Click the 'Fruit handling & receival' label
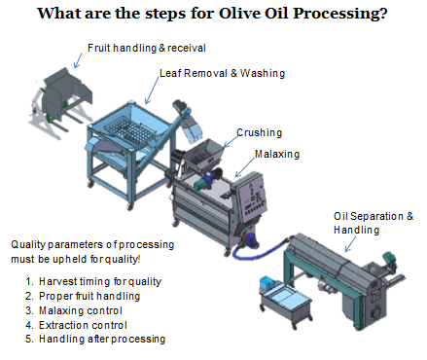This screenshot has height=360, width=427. (147, 48)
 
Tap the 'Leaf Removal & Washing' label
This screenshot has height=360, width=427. (222, 73)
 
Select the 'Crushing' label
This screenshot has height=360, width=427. (260, 132)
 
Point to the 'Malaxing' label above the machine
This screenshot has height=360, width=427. (277, 154)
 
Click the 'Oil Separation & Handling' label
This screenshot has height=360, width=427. (374, 223)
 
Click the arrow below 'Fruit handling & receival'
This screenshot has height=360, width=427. (78, 61)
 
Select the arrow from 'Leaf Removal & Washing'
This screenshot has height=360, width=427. (152, 90)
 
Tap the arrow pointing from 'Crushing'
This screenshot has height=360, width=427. (231, 141)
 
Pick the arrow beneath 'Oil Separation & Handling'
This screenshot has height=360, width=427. (350, 244)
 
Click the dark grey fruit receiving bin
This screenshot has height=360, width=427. (66, 92)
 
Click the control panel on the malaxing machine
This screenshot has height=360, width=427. (251, 197)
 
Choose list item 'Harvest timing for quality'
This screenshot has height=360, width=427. (100, 281)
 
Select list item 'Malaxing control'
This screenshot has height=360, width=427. (81, 310)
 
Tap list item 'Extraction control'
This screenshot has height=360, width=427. (83, 325)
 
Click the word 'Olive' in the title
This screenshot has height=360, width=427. (239, 14)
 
